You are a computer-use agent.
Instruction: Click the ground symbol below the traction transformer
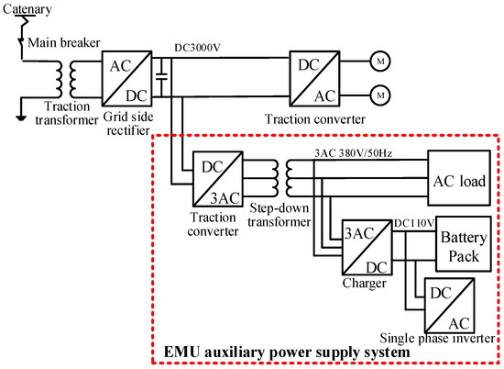pyautogui.click(x=20, y=116)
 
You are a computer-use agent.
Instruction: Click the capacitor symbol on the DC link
pyautogui.click(x=161, y=77)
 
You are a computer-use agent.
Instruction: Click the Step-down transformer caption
pyautogui.click(x=281, y=218)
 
